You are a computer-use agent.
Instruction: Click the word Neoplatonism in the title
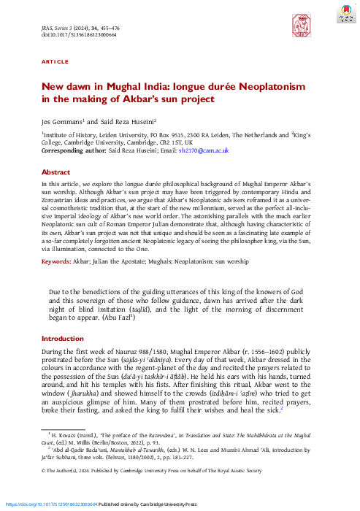(258, 86)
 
